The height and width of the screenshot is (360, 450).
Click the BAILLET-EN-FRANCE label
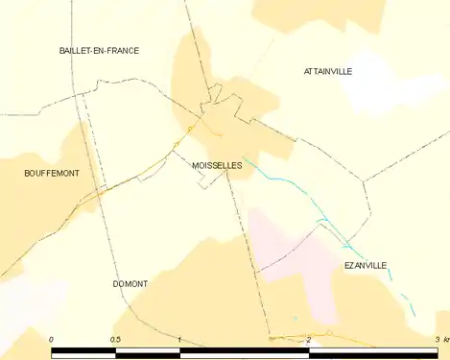(x=99, y=50)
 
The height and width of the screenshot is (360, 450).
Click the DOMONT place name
(x=130, y=284)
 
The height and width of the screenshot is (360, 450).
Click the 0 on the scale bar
(x=51, y=340)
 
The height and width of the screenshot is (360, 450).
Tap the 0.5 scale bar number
(x=115, y=340)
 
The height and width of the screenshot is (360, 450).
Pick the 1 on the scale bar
(x=179, y=340)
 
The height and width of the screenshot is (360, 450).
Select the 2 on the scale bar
(x=309, y=340)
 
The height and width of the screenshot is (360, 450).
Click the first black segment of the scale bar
(x=83, y=352)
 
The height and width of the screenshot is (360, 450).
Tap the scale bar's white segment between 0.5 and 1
(x=148, y=352)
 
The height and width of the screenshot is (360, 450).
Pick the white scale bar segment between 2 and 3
(x=374, y=352)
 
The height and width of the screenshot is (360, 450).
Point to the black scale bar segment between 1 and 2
(x=245, y=352)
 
